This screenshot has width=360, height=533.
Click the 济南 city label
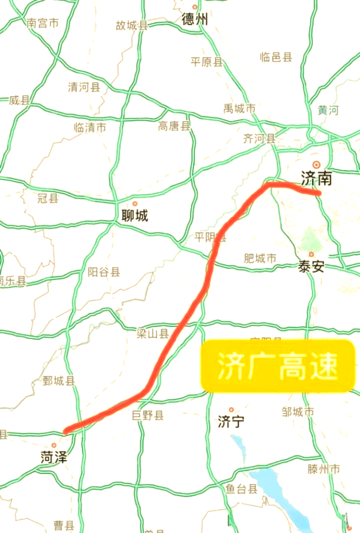(x=316, y=178)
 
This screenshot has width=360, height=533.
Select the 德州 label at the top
(x=195, y=20)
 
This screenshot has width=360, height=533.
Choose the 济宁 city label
(x=231, y=422)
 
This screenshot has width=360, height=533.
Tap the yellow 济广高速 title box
(x=277, y=366)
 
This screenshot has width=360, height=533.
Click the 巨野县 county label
(x=148, y=416)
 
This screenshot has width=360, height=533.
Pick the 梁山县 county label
(x=153, y=334)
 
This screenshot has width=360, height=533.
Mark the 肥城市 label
(x=260, y=258)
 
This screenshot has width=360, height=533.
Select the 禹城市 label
(x=239, y=109)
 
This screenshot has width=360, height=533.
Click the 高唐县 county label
(x=174, y=127)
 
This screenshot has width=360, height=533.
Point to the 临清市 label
(x=90, y=128)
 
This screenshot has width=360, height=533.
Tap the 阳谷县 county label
(x=104, y=272)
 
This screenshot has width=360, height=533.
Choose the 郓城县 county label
(x=59, y=381)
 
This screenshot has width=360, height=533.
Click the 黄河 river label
(x=328, y=110)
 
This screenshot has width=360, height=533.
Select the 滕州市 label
(x=324, y=468)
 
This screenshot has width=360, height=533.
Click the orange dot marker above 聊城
(x=135, y=204)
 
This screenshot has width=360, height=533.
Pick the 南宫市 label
(x=42, y=23)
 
